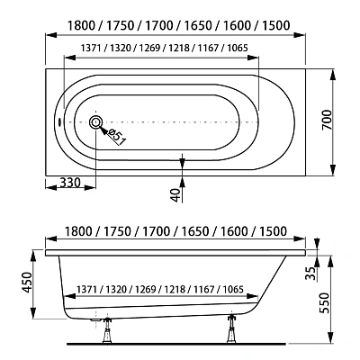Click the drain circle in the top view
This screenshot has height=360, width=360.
(95, 122)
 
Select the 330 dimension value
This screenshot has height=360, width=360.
(70, 182)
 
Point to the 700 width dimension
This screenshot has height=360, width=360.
(327, 120)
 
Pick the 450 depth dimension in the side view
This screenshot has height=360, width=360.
(27, 283)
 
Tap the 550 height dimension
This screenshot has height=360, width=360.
(324, 302)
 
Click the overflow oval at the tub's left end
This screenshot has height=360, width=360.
(59, 122)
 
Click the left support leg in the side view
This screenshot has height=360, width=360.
(106, 329)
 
